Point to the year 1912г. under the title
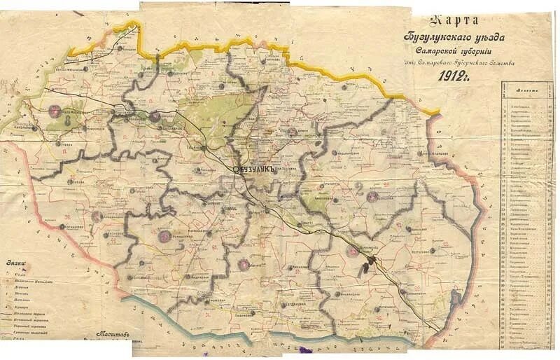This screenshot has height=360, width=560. pos(454,76)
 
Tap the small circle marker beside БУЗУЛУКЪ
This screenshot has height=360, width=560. pos(236,169)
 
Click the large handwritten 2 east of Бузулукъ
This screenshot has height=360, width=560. pos(358,187)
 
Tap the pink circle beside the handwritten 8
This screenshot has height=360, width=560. pos(55,110)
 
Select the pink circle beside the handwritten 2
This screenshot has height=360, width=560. pos(372,197)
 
